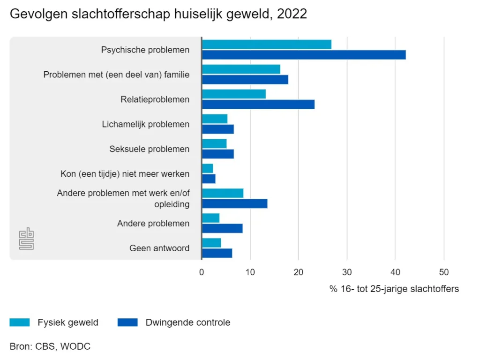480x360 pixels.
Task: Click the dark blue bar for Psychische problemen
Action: coord(304,54)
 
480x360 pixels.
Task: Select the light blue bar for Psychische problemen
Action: coord(266,45)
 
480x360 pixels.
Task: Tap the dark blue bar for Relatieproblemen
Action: coord(258,104)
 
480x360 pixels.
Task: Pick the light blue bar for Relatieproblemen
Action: coord(233,94)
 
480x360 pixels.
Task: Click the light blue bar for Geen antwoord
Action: coord(211,243)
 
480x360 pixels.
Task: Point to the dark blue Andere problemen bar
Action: coord(222,228)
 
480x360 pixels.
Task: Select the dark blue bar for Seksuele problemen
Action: coord(218,154)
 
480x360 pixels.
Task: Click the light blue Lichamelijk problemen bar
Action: coord(215,119)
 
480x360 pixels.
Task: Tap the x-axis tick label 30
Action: coord(347,272)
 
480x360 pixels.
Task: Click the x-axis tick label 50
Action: coord(443,272)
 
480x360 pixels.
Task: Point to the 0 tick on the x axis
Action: coord(202,272)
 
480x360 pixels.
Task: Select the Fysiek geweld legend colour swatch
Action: coord(20,322)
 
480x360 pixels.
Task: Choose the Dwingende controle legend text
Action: coord(188,322)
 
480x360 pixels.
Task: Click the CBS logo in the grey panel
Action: coord(27,239)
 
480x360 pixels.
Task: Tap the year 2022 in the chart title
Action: coord(292,14)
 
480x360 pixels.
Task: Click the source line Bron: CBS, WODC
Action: coord(50,346)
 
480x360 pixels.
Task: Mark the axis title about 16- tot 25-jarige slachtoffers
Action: coord(394,289)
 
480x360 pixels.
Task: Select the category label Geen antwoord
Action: coord(159,248)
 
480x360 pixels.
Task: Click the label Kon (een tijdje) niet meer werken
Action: coord(125,174)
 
